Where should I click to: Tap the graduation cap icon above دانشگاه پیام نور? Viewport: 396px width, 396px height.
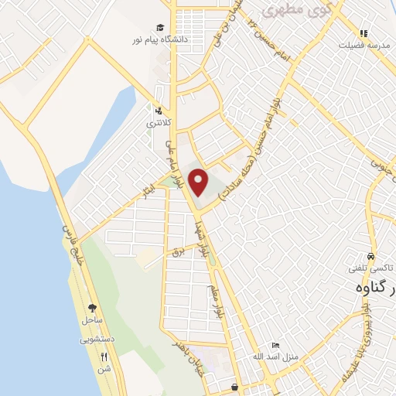tap(160, 28)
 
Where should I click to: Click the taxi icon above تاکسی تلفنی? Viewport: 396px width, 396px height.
tap(370, 257)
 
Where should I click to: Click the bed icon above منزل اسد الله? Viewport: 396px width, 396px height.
tap(275, 345)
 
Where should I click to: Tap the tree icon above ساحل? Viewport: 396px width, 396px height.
tap(93, 308)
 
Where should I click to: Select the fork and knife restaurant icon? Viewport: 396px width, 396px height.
tap(105, 357)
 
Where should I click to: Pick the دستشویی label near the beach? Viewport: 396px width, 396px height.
tap(95, 339)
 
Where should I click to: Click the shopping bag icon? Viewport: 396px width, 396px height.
tap(235, 386)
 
